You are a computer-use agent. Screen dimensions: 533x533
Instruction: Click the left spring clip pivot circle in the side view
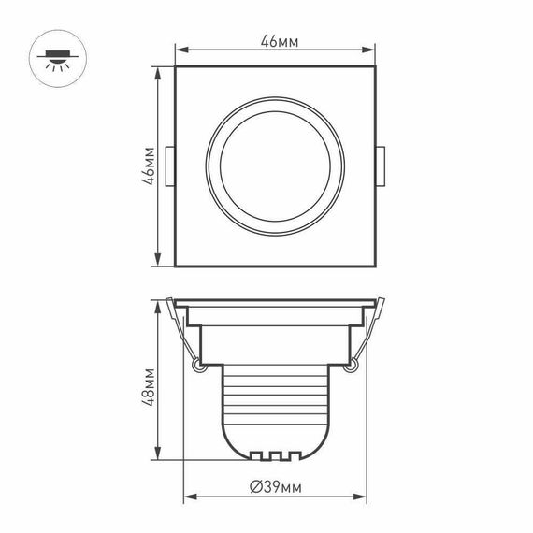point(197,367)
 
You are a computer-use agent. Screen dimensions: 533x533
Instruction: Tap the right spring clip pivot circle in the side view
point(352,367)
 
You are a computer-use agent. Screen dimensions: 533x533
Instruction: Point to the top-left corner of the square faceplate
point(176,66)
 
